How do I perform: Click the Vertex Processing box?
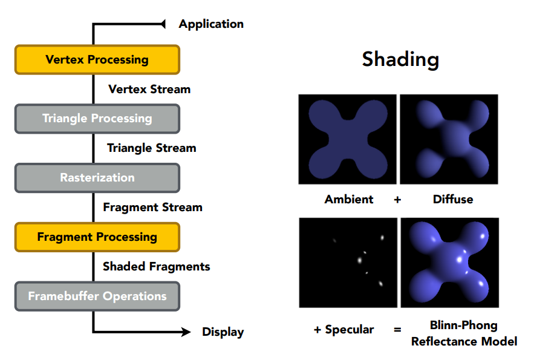point(97,59)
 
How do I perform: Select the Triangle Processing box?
point(97,119)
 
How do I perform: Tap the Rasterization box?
point(97,178)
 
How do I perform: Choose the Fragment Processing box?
point(97,237)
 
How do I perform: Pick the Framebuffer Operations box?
point(97,296)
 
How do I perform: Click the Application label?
point(211,24)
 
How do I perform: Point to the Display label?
point(223,332)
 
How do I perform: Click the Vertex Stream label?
point(149,90)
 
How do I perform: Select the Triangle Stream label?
point(151,148)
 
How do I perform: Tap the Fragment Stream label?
point(152,208)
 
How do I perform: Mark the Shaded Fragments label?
point(156,267)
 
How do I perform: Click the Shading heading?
point(400,59)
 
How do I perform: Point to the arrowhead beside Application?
point(161,24)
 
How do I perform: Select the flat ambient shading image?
point(347,139)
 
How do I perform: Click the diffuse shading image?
point(449,139)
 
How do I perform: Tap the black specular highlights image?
point(347,263)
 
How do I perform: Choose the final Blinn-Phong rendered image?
point(449,263)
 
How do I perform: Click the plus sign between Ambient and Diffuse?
point(397,199)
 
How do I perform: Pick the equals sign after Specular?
point(397,330)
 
